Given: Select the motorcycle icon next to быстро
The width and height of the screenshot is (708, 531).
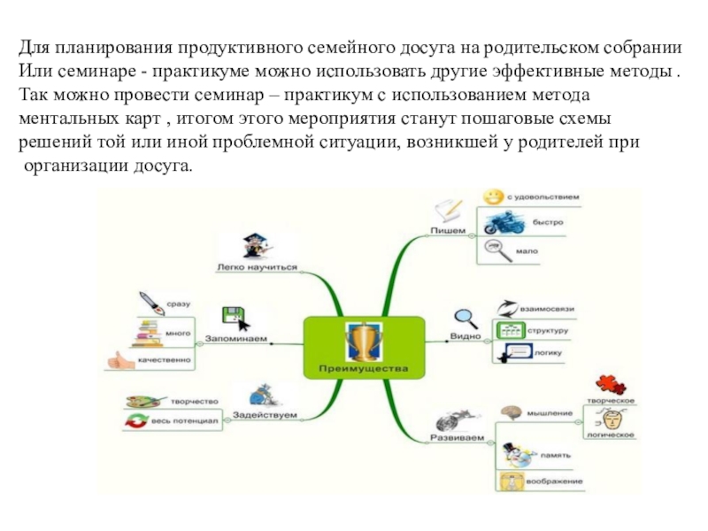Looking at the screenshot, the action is coord(500,221).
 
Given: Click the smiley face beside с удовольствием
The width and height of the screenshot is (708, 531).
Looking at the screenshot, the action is coord(493,196).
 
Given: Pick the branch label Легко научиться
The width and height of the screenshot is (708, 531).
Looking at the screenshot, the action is coord(257,266).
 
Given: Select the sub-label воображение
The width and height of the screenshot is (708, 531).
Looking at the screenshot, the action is coord(555,481).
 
